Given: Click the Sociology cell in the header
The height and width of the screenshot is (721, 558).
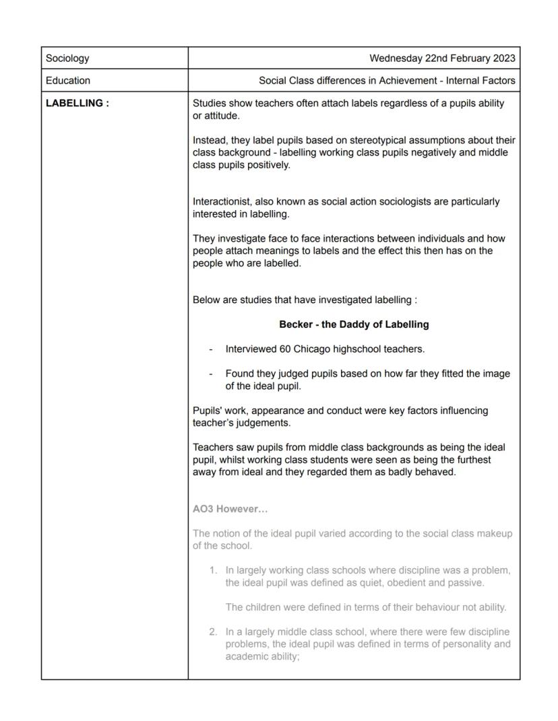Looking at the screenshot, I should tap(67, 59).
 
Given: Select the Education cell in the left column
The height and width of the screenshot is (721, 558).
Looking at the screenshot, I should tap(68, 81).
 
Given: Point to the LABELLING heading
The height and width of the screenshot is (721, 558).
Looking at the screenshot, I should tap(77, 104).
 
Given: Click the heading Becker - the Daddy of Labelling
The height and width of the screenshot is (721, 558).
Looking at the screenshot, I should tap(354, 324).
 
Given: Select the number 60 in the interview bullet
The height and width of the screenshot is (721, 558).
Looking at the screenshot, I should tap(285, 349).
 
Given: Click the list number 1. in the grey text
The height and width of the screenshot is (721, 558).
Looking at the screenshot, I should tap(213, 570).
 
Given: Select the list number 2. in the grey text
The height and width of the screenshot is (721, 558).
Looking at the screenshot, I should tap(213, 632).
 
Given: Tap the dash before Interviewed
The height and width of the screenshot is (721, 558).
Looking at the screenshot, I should tap(211, 349).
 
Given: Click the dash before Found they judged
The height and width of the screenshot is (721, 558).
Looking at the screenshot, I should tap(211, 374).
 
